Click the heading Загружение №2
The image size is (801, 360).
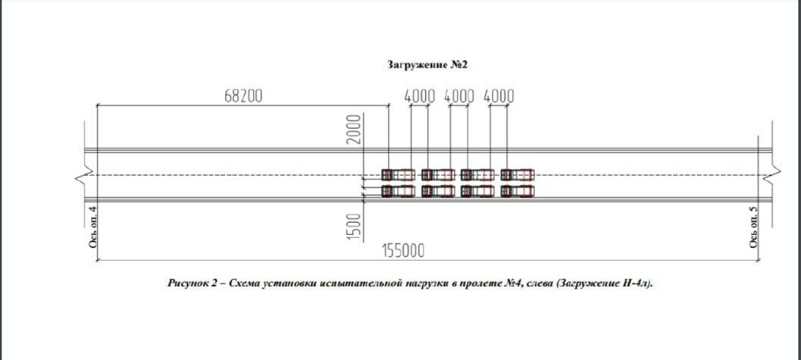428,65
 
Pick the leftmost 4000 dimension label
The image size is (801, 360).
420,96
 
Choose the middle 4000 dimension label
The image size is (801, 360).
459,96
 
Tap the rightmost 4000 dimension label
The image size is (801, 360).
499,96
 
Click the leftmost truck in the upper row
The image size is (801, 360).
398,174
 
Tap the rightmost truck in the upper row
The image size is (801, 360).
518,174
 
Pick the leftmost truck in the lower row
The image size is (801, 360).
398,191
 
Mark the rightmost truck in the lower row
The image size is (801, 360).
518,191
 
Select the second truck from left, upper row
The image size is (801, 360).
438,174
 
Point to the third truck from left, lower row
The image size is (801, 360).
477,191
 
